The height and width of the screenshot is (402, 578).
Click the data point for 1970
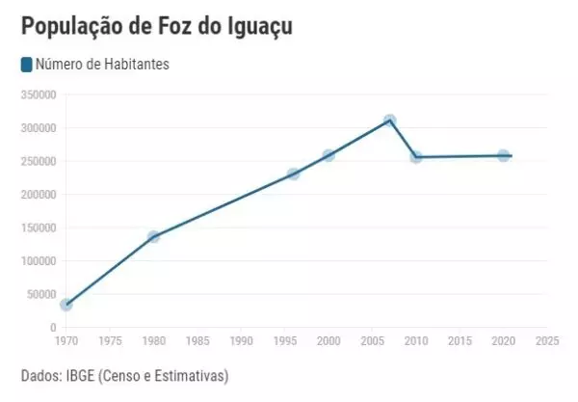[x=66, y=305]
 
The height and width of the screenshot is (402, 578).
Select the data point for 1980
[x=153, y=236]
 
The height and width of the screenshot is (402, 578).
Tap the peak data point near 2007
[x=390, y=121]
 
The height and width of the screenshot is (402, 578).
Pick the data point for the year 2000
[x=328, y=155]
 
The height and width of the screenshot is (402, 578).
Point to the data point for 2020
[x=504, y=155]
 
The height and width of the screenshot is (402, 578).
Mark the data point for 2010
[x=416, y=157]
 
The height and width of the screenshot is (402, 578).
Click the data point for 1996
[x=294, y=174]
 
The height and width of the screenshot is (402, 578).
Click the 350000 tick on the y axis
[x=39, y=94]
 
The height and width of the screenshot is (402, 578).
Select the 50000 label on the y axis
[x=41, y=294]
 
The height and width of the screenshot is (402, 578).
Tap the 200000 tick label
[x=39, y=194]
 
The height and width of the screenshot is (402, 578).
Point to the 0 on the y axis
[x=53, y=328]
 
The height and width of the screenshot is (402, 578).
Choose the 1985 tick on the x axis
[x=197, y=340]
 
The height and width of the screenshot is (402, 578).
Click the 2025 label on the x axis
[x=547, y=340]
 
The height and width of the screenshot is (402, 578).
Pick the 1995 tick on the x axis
[x=284, y=340]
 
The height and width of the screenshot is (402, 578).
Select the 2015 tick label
[x=460, y=340]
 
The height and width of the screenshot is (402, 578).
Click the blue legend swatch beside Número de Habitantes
[x=26, y=66]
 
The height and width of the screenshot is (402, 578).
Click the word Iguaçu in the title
[x=253, y=26]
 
